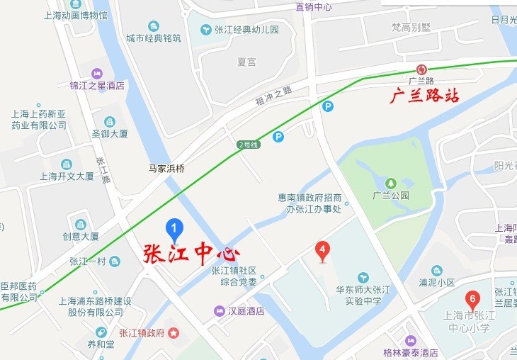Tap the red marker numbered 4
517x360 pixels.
point(322,250)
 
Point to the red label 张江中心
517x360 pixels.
point(191,254)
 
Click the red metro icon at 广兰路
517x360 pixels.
point(421,69)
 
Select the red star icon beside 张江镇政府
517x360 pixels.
point(174,332)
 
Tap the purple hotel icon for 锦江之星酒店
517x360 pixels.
point(97,74)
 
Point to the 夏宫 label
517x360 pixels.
point(246,62)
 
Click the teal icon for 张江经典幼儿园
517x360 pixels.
point(206,30)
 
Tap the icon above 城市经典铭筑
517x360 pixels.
point(153,26)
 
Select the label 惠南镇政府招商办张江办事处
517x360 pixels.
point(309,203)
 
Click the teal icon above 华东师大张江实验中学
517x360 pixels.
point(363,276)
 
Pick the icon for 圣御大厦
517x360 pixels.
point(109,121)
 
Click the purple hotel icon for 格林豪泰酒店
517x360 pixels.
point(410,340)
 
